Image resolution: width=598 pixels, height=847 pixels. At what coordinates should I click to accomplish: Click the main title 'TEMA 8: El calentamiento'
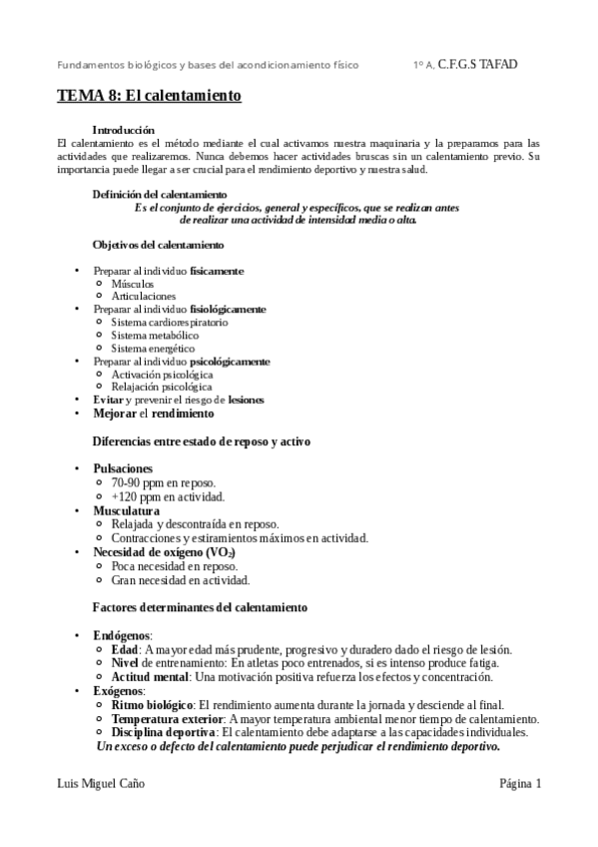tap(149, 97)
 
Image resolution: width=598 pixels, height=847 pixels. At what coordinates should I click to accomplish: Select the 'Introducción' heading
tap(123, 130)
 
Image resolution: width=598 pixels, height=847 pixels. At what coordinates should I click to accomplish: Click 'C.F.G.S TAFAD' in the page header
tap(479, 65)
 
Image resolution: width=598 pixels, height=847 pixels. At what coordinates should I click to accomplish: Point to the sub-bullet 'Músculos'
tap(133, 284)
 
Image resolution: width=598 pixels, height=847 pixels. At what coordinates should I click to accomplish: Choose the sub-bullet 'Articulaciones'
tap(144, 297)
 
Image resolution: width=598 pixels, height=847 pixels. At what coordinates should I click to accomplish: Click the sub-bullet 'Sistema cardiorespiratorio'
tap(169, 323)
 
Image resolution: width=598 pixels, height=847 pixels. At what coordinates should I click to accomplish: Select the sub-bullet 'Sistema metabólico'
tap(155, 336)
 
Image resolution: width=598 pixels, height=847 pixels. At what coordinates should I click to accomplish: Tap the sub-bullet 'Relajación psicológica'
tap(161, 387)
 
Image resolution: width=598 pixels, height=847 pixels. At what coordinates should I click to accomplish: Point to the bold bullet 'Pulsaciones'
tap(123, 468)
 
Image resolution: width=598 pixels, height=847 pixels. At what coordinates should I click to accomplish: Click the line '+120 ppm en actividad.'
tap(168, 496)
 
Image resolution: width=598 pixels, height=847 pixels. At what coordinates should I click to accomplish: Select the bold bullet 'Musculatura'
tap(127, 510)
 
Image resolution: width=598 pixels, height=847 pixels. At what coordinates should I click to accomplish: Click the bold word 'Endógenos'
tap(122, 634)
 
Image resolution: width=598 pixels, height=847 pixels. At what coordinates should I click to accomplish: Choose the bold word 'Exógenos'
tap(119, 690)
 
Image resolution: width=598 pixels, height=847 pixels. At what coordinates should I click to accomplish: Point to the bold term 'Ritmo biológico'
tap(151, 704)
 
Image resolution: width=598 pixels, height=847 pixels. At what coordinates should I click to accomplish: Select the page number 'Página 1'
tap(520, 784)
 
